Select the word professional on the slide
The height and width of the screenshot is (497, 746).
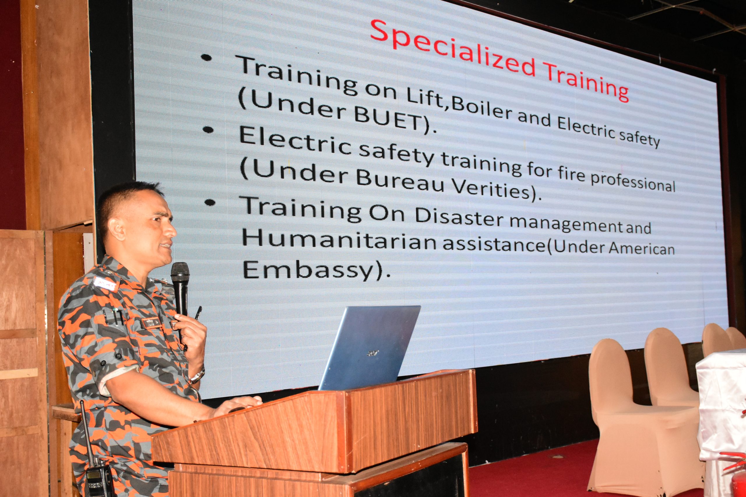pyautogui.click(x=633, y=181)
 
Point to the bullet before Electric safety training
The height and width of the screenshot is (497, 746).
pyautogui.click(x=208, y=130)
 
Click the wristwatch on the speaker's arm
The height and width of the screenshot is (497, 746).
pyautogui.click(x=197, y=375)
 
